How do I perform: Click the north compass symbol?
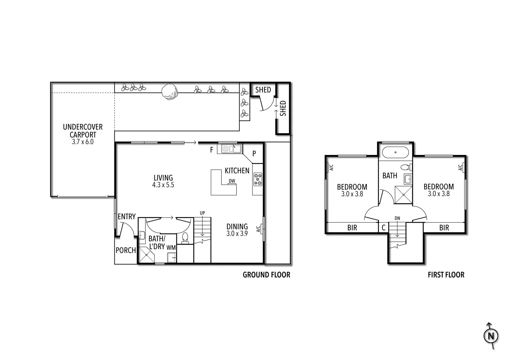(491, 336)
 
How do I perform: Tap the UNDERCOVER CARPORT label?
(83, 131)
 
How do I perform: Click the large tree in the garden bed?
(169, 91)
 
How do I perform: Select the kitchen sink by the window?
(231, 148)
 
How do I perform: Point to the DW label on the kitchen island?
(232, 181)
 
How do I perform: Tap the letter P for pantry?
(254, 154)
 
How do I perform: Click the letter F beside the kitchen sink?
(211, 150)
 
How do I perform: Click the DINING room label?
(237, 227)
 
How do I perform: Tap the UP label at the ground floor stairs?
(202, 213)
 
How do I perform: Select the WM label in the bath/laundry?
(171, 247)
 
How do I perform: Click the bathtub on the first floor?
(395, 152)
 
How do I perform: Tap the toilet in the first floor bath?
(406, 167)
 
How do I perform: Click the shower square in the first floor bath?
(403, 195)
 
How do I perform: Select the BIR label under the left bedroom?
(352, 228)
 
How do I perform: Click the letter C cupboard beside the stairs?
(384, 228)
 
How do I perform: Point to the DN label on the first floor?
(397, 218)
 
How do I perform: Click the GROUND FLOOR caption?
(266, 275)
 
